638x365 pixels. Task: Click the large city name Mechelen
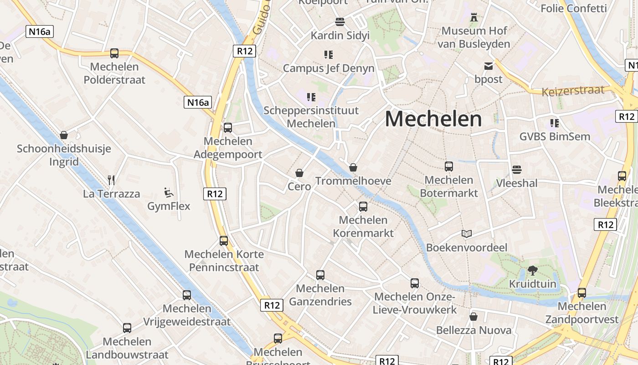tap(433, 119)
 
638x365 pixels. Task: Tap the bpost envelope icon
tap(489, 67)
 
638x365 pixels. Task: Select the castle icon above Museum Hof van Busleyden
tap(474, 18)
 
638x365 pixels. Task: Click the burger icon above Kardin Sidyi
tap(340, 22)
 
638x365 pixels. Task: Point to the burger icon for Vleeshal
tap(516, 170)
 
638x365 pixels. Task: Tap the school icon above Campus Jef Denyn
tap(328, 55)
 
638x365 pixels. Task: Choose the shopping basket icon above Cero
tap(299, 173)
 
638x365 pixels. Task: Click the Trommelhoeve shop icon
tap(353, 167)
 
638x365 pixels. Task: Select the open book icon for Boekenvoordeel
tap(466, 234)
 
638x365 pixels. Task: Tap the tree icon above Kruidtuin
tap(532, 271)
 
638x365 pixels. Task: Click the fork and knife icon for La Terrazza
tap(111, 180)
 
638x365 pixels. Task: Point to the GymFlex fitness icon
tap(169, 193)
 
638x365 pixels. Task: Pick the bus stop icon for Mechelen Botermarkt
tap(449, 167)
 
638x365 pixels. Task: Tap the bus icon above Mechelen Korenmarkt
tap(363, 207)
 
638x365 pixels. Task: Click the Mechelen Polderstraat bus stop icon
tap(114, 53)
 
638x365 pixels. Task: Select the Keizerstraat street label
tap(573, 91)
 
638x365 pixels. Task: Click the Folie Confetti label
tap(573, 8)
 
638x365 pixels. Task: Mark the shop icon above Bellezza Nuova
tap(473, 317)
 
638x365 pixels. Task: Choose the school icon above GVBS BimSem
tap(555, 123)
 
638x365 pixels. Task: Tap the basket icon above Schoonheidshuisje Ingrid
tap(64, 135)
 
